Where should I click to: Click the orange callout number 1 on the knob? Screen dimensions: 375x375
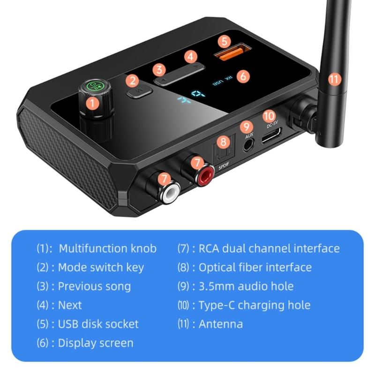[x=93, y=103]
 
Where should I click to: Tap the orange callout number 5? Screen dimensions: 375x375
[x=225, y=41]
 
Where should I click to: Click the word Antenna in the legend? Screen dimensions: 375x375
[x=221, y=324]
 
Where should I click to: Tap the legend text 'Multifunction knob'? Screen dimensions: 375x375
[x=107, y=248]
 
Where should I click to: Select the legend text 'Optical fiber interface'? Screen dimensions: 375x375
[x=255, y=268]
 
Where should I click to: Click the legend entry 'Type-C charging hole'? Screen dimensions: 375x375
[x=255, y=305]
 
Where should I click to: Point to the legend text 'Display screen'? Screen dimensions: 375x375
[x=96, y=343]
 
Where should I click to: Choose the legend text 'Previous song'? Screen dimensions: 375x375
[x=94, y=286]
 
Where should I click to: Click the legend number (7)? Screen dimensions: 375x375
[x=183, y=249]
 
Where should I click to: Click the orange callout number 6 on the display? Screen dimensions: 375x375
[x=242, y=75]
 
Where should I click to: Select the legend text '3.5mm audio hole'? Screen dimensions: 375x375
[x=246, y=286]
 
